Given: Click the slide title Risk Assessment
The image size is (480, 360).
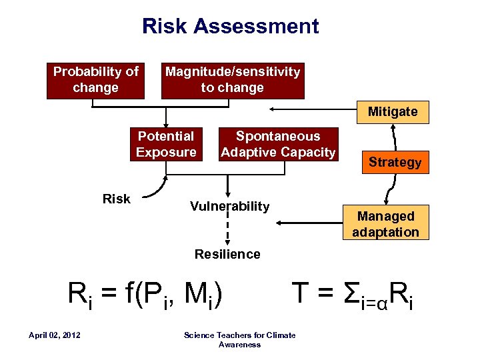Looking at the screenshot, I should tap(230, 27).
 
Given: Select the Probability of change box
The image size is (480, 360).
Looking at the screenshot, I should tap(95, 80).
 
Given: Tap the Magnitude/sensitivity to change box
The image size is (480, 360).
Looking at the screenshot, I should tap(233, 80).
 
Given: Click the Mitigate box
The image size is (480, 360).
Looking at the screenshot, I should tap(393, 112).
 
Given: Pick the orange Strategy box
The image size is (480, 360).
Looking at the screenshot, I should tap(395, 163).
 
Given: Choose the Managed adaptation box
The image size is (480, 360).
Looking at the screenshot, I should tap(385, 224).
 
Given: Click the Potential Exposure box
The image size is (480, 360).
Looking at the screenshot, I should tap(165, 145).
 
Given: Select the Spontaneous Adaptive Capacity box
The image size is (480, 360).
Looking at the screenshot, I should tap(278, 145).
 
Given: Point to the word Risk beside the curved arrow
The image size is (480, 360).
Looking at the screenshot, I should tap(117, 198).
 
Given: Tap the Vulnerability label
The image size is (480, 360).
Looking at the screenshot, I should tap(229, 206).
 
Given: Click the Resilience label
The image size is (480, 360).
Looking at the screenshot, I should tap(227, 254).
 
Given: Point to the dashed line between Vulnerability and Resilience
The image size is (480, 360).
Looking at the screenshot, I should tap(228, 230).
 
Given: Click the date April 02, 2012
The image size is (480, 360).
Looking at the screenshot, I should tap(55, 335).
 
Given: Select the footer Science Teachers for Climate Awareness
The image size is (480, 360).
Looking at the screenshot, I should tap(239, 339).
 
